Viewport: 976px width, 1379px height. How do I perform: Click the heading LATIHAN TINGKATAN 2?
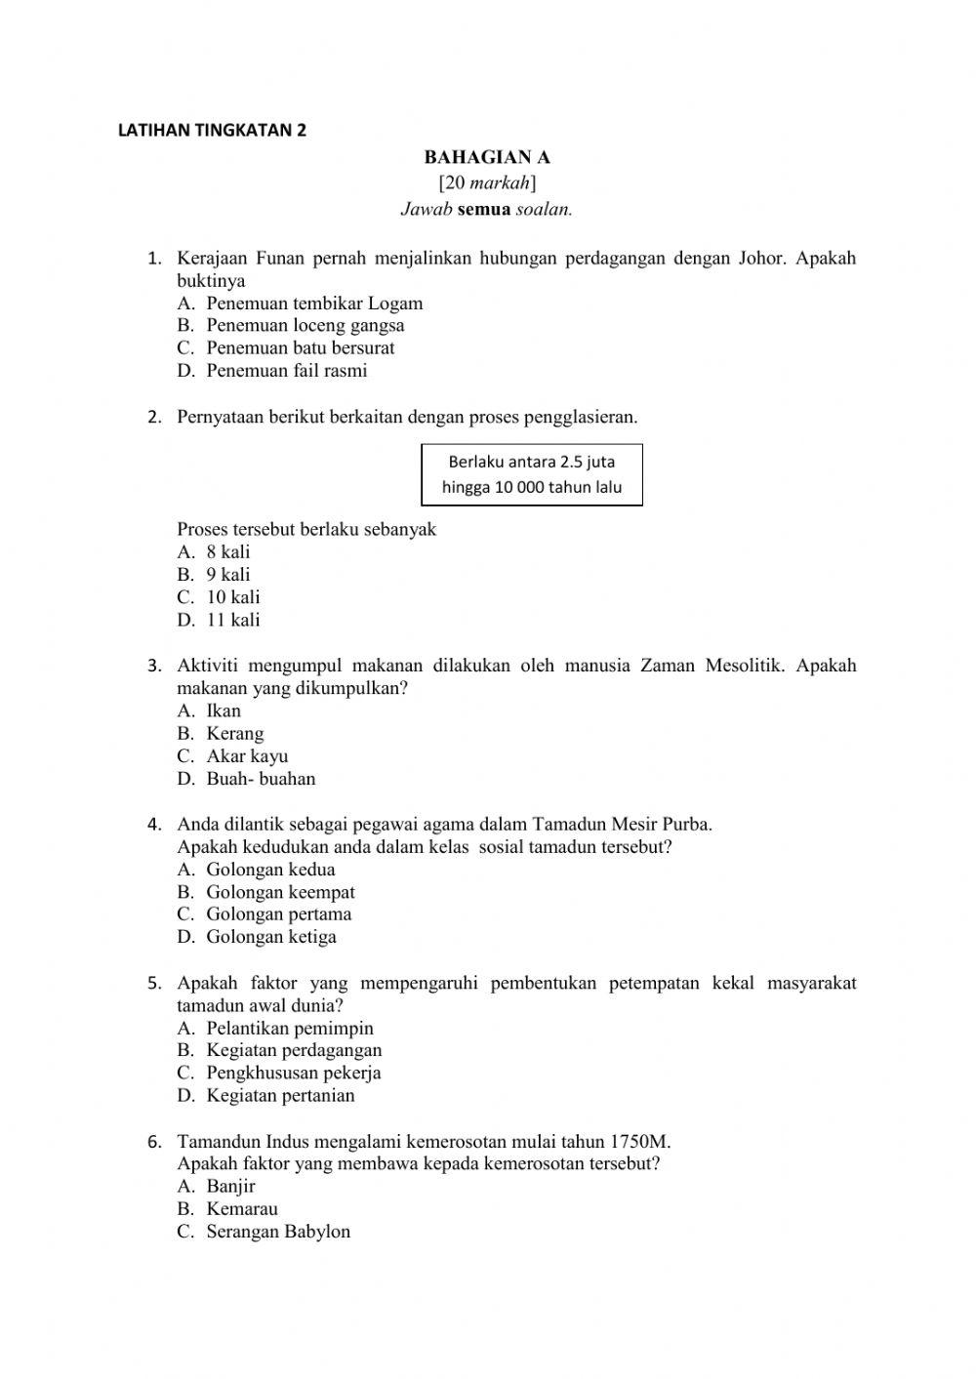click(212, 130)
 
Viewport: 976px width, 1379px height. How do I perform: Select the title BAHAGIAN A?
click(487, 157)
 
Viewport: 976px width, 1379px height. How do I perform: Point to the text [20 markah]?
click(487, 183)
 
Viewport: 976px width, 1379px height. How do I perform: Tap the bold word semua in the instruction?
click(484, 209)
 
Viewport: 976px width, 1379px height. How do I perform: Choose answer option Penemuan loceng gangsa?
click(305, 325)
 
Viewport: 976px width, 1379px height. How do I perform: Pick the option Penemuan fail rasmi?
click(286, 371)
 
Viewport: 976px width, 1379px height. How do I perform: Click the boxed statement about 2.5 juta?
click(532, 474)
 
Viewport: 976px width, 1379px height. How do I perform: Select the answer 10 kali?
click(232, 597)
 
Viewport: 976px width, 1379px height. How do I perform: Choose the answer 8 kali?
click(227, 552)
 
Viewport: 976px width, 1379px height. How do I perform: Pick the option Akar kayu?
click(246, 756)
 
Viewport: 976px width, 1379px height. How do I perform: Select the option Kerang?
click(234, 734)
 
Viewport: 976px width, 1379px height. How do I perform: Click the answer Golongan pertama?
click(278, 914)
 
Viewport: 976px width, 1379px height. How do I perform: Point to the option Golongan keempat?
click(280, 892)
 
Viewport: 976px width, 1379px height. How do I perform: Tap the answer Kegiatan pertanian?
click(280, 1095)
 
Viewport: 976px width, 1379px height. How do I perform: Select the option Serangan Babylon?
click(277, 1232)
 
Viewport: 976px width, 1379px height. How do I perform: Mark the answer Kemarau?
click(241, 1209)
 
